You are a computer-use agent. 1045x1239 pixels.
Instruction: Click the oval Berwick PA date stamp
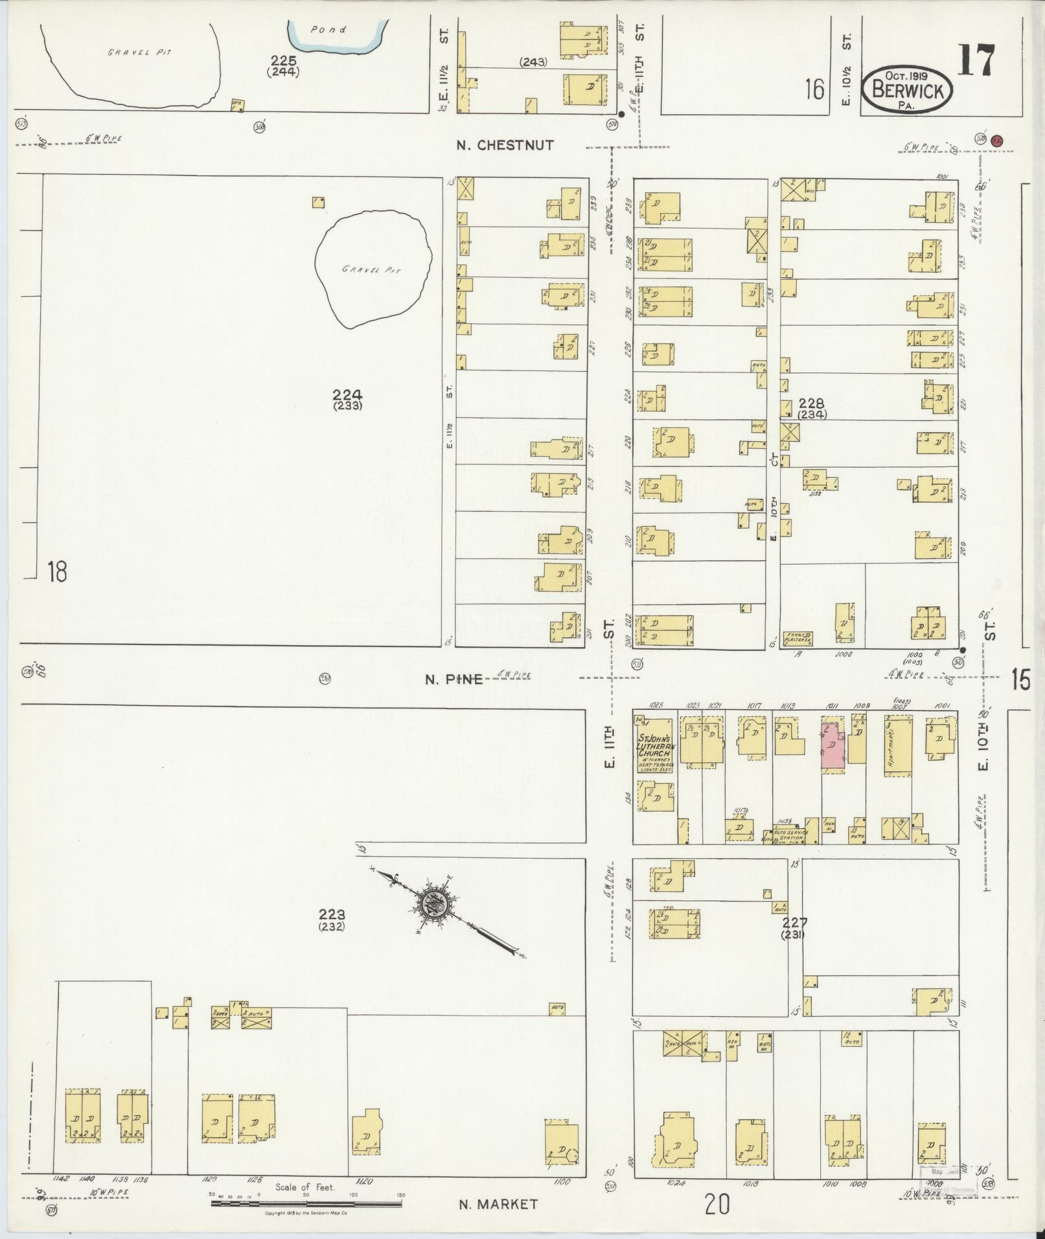click(906, 91)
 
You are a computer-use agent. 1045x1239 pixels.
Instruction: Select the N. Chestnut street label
click(505, 145)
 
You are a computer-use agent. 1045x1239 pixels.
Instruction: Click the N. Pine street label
click(454, 679)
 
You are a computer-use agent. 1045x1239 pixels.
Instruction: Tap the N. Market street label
click(498, 1205)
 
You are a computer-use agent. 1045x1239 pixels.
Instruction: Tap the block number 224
click(347, 394)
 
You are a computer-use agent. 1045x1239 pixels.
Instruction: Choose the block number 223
click(331, 915)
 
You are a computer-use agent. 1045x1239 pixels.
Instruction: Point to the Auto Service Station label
click(788, 835)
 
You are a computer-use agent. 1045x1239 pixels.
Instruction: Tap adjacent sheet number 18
click(57, 572)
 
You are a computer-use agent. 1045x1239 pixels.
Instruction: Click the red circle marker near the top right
click(998, 139)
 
